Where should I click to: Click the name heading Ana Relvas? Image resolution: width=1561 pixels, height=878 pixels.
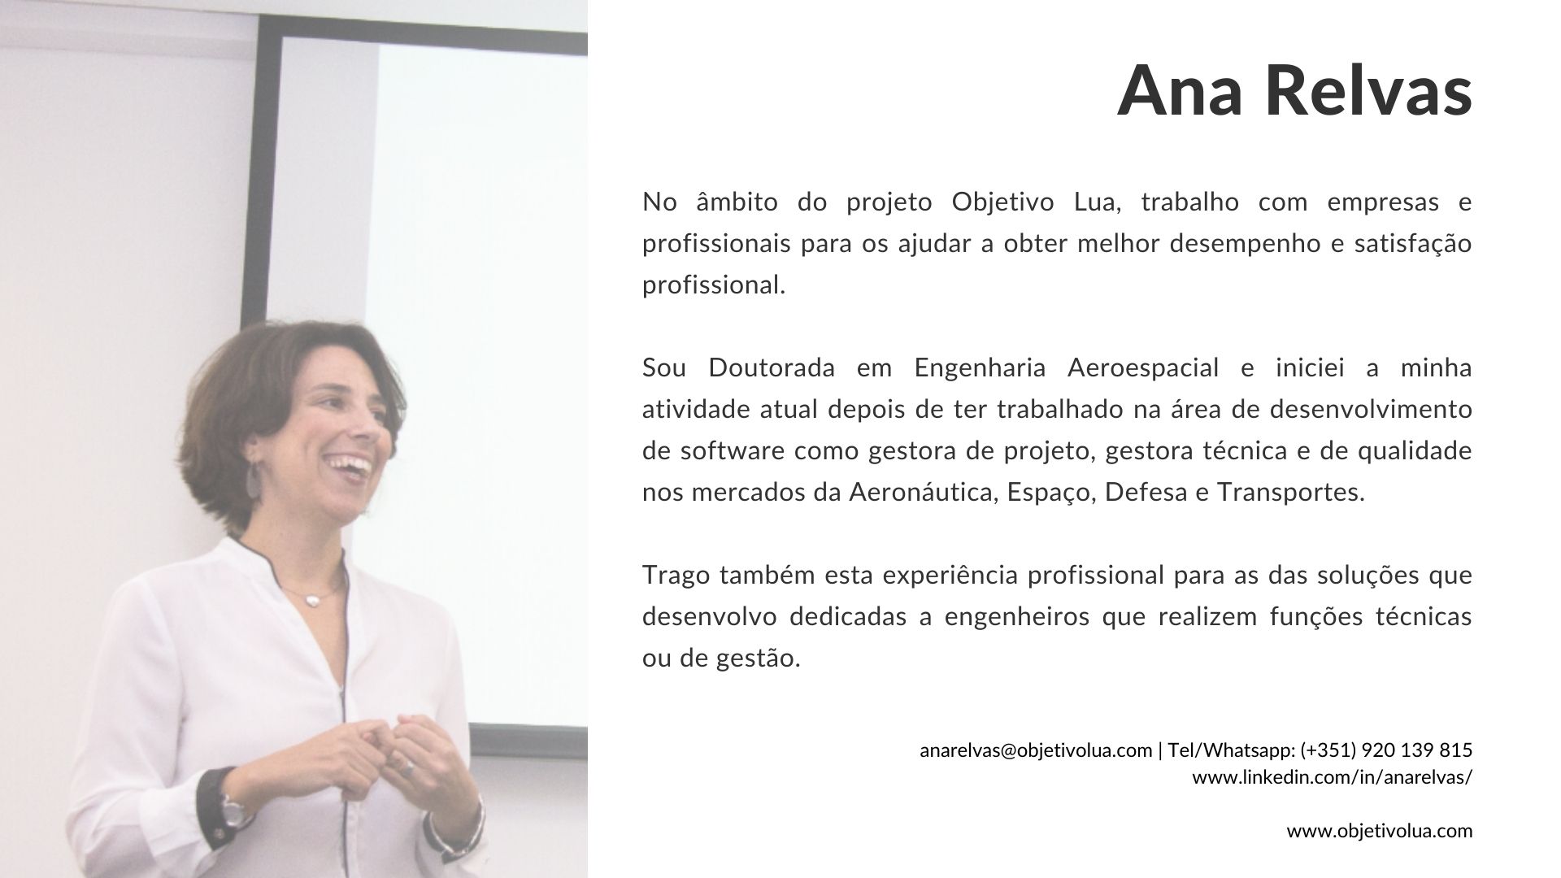1294,90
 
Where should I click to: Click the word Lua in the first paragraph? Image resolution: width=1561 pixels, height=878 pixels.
1098,202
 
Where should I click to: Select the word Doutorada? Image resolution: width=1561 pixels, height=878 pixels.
772,367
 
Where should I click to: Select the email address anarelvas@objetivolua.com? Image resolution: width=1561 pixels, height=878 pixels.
1036,750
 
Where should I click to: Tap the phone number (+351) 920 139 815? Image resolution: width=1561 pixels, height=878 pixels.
1386,750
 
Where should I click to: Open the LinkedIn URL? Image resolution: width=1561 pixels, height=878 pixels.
1333,777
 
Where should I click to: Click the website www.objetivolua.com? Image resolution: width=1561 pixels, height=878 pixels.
1380,832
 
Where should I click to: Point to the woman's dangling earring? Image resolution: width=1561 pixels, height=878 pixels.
254,478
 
